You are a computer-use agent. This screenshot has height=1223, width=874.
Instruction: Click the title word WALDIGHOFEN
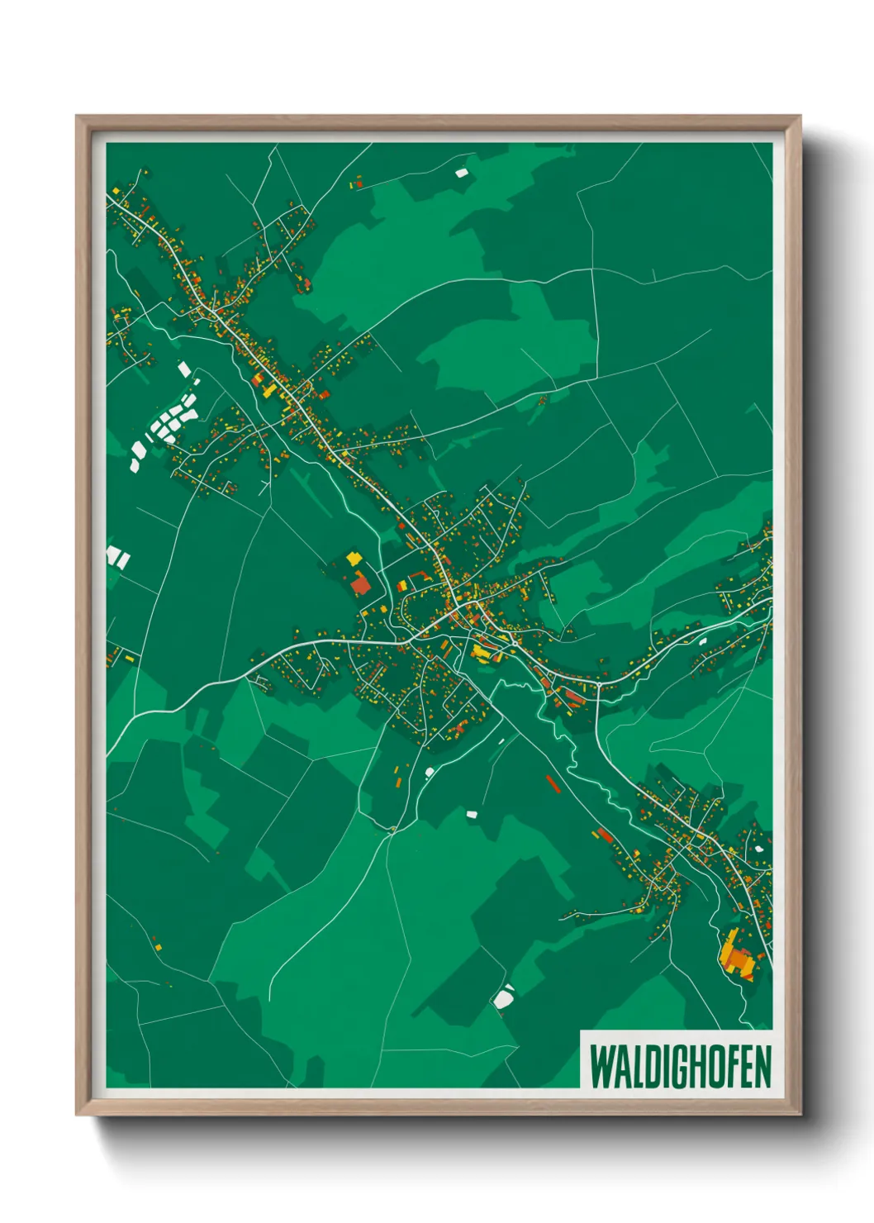[x=680, y=1067]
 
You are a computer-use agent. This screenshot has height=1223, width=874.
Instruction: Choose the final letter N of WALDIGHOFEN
[x=763, y=1067]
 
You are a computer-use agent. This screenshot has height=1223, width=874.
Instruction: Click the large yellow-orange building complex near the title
[x=738, y=957]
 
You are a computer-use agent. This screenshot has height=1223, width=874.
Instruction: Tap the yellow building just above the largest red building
[x=354, y=559]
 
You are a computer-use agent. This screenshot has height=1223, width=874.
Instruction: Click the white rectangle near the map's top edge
[x=461, y=173]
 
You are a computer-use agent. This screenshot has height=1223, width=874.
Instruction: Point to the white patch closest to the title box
[x=503, y=997]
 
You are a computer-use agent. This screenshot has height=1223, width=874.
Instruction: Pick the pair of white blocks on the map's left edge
[x=117, y=556]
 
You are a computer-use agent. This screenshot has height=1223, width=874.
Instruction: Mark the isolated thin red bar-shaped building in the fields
[x=553, y=783]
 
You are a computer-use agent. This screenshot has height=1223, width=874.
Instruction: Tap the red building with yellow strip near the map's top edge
[x=358, y=183]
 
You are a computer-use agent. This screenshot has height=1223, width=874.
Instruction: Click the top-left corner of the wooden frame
[x=77, y=117]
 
